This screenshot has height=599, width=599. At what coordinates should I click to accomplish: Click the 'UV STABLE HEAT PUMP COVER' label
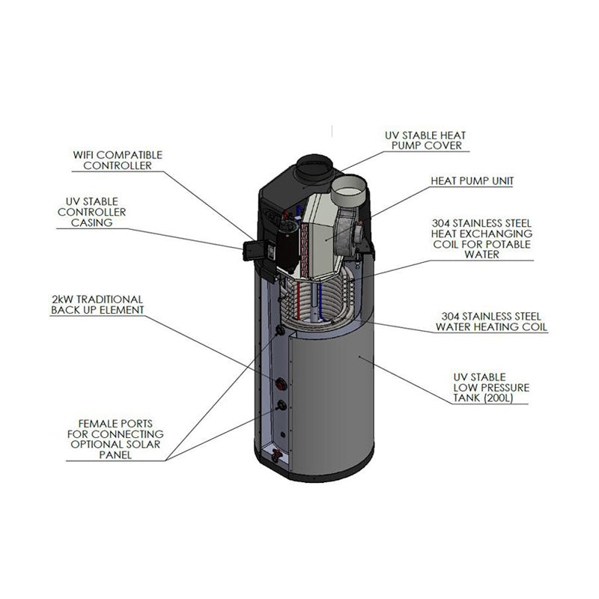(425, 140)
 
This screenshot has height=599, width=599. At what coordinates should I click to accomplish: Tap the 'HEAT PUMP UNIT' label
(472, 181)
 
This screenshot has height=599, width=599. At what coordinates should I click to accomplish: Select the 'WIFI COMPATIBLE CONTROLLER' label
(118, 160)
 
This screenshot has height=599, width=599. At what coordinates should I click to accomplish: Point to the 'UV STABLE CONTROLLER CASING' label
(96, 212)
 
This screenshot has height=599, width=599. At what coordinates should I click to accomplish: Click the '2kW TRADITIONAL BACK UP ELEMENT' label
(97, 304)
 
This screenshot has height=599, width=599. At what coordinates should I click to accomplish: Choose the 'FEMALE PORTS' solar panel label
(115, 439)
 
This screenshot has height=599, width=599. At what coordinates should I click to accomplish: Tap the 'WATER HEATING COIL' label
(492, 322)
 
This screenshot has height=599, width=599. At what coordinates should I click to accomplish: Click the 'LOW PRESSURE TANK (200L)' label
(490, 387)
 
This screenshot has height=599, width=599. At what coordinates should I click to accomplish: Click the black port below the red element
(282, 405)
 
